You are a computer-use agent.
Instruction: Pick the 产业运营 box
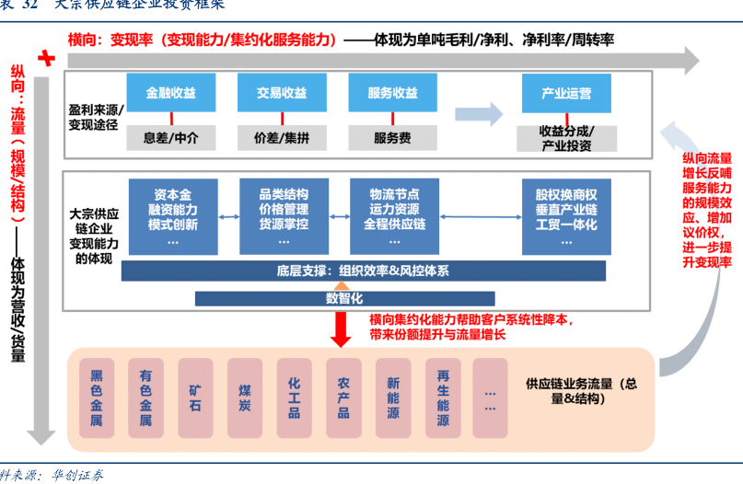click(x=566, y=94)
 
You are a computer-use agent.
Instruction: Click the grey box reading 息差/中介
click(x=170, y=138)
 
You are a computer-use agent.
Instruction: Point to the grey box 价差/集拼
click(x=282, y=138)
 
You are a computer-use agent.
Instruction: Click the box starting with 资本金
click(x=172, y=217)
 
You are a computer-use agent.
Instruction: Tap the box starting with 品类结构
click(x=284, y=217)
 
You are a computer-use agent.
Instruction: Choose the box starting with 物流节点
click(x=394, y=217)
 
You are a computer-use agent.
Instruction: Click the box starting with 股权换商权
click(x=566, y=217)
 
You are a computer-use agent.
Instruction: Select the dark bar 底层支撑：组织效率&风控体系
click(x=363, y=271)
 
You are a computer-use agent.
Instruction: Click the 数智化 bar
click(x=344, y=298)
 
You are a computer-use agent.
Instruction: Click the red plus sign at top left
click(x=45, y=58)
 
